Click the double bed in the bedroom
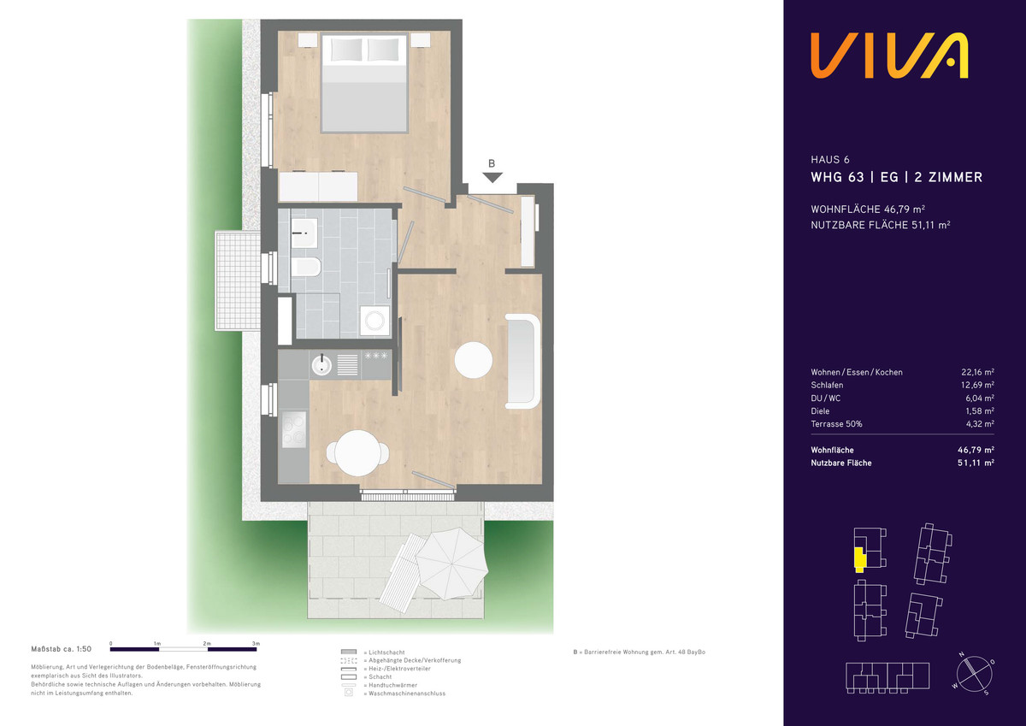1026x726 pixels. [x=364, y=83]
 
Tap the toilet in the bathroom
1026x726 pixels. [x=305, y=267]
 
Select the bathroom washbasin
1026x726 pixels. [x=304, y=233]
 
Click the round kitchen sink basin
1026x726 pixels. [x=321, y=365]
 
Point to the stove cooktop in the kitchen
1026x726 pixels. [x=294, y=429]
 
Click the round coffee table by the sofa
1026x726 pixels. [x=474, y=359]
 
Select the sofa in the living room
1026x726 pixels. [x=522, y=361]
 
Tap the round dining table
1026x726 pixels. [x=357, y=453]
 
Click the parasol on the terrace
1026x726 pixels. [x=452, y=564]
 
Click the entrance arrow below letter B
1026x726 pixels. [x=492, y=177]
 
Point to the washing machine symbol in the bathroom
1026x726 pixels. [x=375, y=321]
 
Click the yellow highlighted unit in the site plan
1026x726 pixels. [x=860, y=560]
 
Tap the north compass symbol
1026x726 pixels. [x=974, y=674]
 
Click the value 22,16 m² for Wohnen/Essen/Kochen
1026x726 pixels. [x=977, y=372]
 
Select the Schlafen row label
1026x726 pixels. [x=827, y=385]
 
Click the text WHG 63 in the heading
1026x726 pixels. [x=837, y=177]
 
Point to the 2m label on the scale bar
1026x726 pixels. [x=207, y=644]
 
